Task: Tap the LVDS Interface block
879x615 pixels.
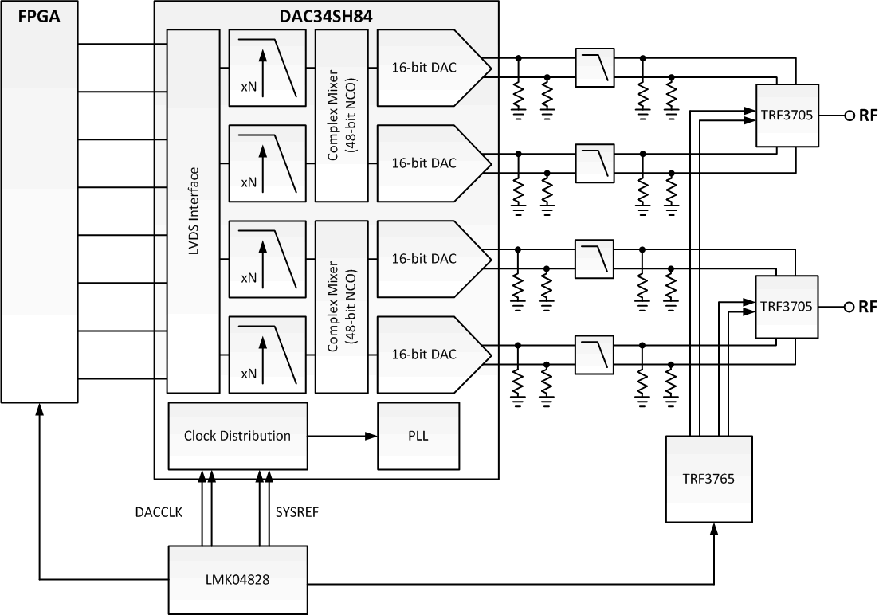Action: (x=193, y=211)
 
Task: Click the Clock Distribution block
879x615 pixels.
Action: (x=237, y=436)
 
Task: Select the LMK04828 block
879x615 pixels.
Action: (x=237, y=580)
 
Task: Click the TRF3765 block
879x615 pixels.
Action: (x=708, y=479)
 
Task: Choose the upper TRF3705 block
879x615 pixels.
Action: (x=787, y=116)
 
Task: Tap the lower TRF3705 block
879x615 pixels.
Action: (x=787, y=307)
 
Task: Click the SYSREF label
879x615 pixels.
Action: (x=298, y=514)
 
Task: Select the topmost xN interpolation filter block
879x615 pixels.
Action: (x=267, y=68)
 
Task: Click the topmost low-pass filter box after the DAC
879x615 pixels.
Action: (x=595, y=68)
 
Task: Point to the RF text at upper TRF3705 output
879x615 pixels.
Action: (x=866, y=116)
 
